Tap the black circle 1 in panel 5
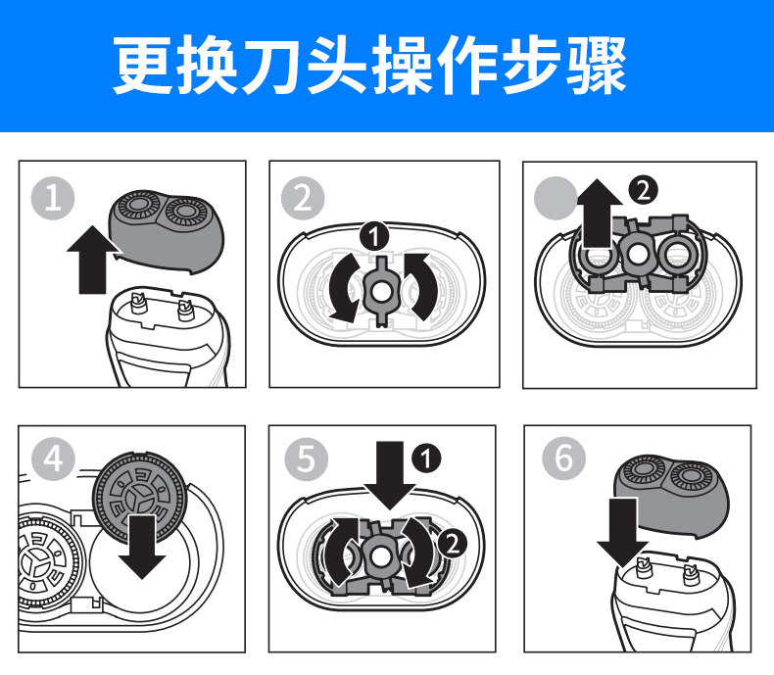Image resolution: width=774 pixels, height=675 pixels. point(427,457)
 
